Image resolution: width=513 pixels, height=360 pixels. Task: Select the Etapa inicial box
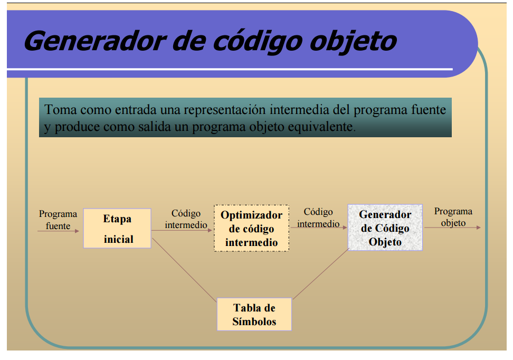click(117, 229)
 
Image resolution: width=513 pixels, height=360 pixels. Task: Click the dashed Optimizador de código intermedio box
click(251, 229)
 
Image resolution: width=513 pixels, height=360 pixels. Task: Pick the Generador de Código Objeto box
click(385, 228)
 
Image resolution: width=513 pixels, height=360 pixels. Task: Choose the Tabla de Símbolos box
click(254, 314)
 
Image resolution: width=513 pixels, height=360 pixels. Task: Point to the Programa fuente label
click(58, 220)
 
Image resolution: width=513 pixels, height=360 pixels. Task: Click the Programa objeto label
click(453, 217)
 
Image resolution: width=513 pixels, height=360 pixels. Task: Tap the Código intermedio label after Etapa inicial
click(186, 219)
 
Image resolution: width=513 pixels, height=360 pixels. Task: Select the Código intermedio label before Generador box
click(318, 217)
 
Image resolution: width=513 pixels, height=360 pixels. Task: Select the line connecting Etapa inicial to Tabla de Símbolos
click(185, 269)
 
